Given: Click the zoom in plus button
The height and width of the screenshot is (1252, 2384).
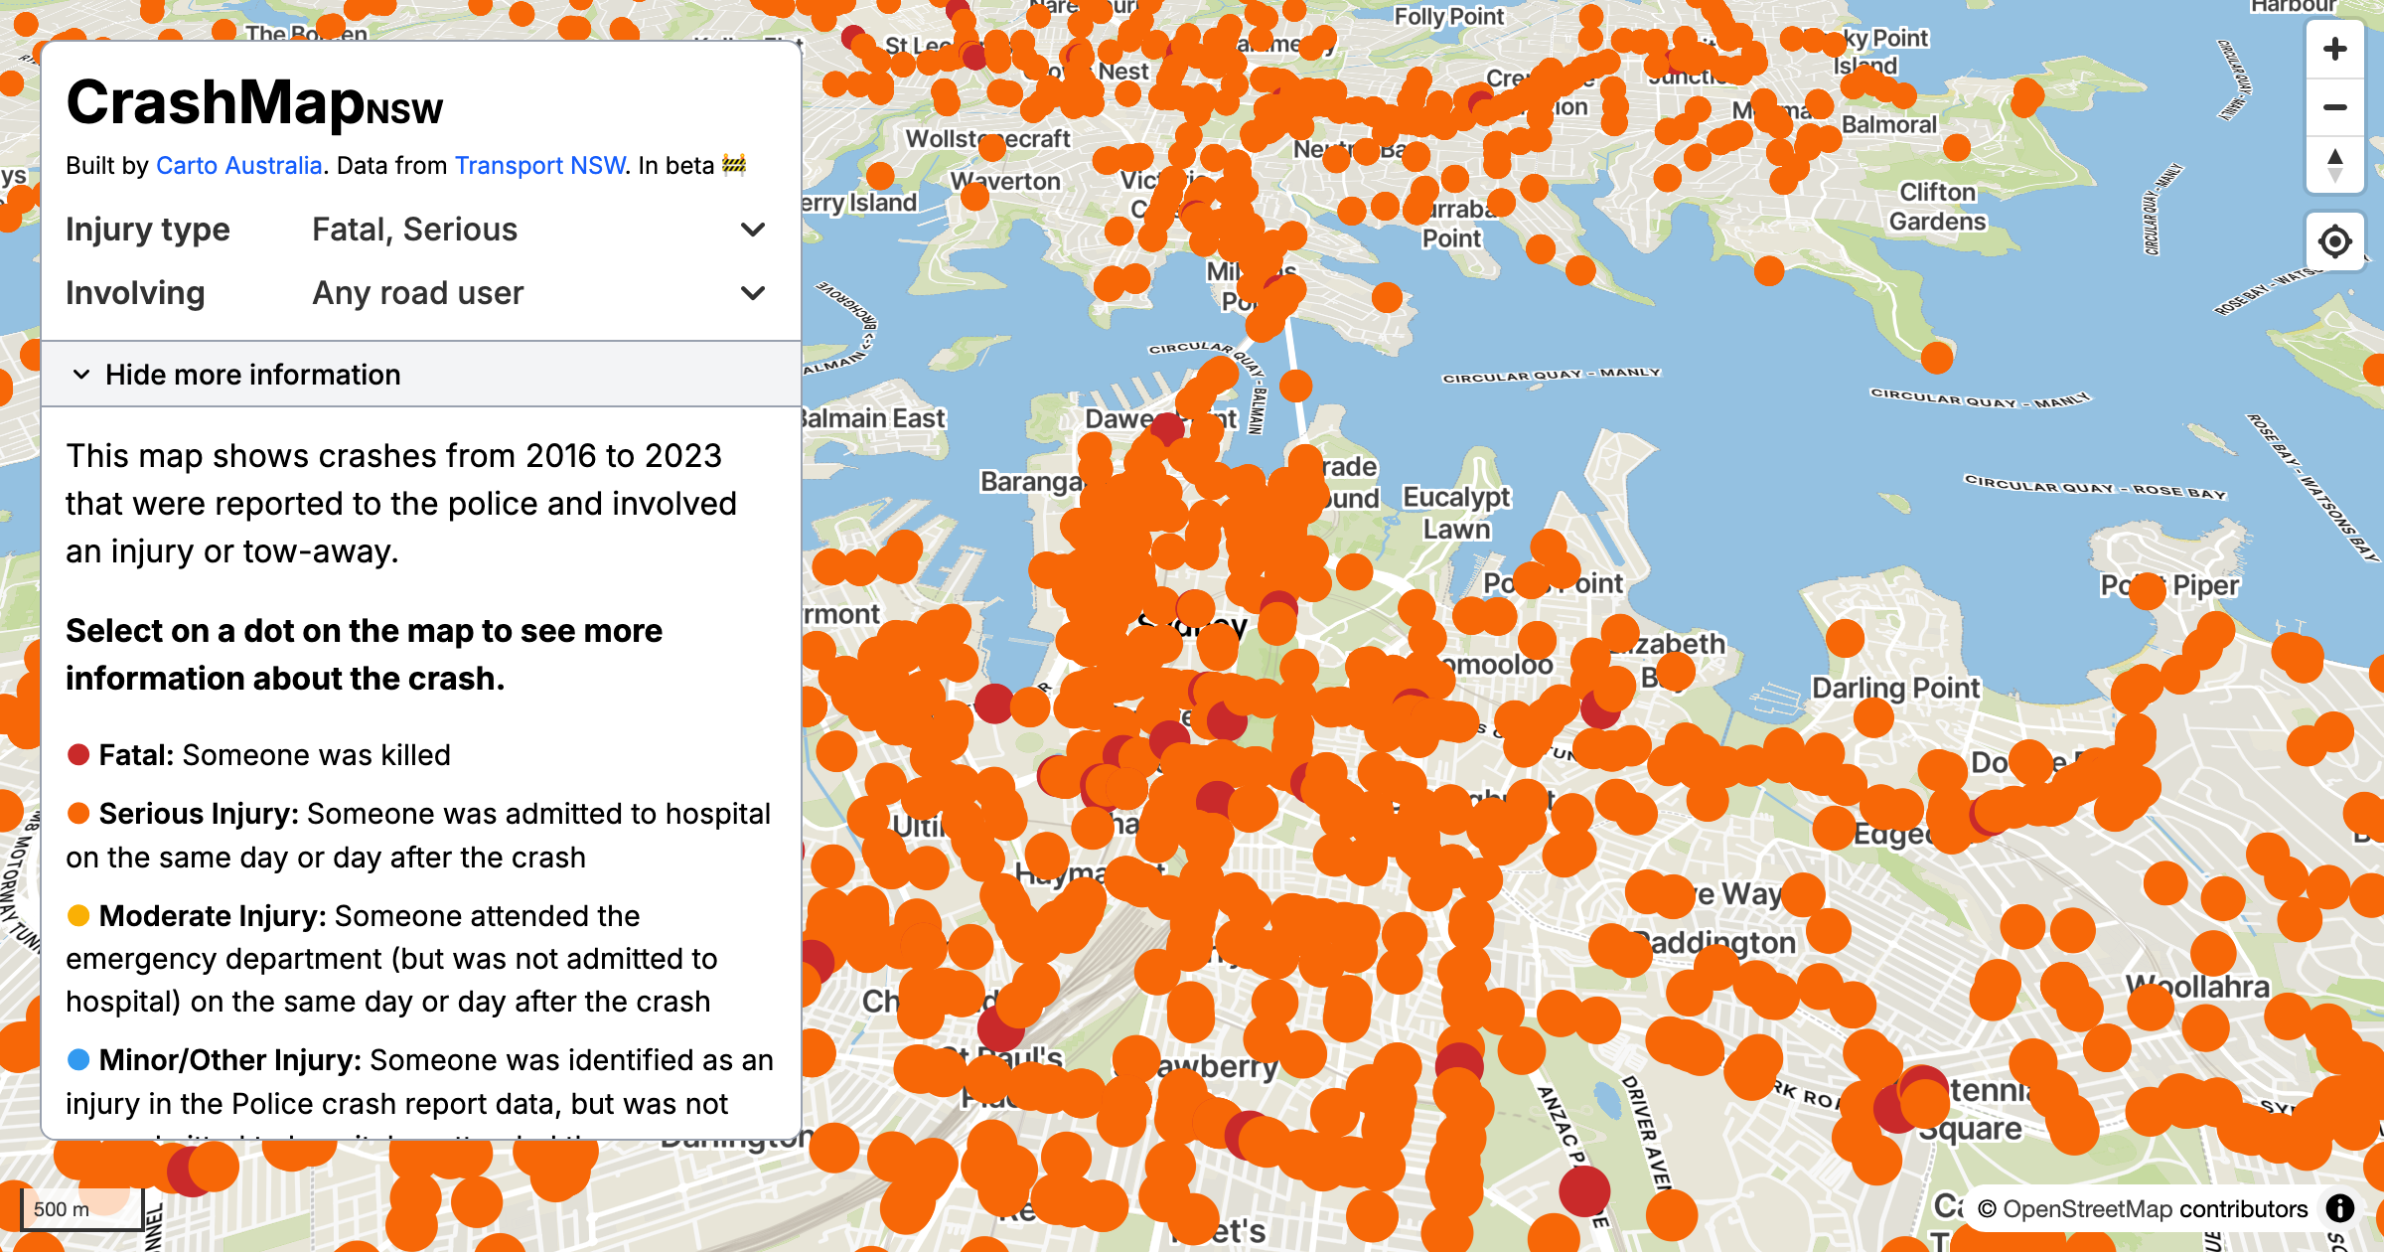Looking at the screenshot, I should [x=2334, y=49].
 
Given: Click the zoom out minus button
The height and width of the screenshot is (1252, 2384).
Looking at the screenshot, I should [x=2334, y=107].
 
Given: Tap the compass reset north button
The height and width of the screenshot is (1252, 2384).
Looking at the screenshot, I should [x=2334, y=165].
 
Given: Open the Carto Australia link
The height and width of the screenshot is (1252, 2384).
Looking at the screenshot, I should [x=238, y=165].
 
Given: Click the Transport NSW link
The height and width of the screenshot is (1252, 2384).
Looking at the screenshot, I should [x=539, y=165].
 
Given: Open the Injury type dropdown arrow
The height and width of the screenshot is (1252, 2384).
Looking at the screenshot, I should [x=753, y=230].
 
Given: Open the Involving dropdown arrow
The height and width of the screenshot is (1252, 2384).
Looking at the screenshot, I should [x=753, y=293].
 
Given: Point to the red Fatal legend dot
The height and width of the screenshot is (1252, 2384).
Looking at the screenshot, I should [x=78, y=755].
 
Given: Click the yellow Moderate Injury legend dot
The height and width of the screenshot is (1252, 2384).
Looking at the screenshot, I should [x=78, y=916].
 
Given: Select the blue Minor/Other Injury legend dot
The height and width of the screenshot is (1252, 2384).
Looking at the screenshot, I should [x=78, y=1060].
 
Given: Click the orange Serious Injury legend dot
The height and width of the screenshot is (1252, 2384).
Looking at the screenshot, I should [x=78, y=814].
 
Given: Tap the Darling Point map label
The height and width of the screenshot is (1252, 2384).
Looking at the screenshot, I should [x=1894, y=688].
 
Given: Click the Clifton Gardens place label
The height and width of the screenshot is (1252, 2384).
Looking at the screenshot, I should [x=1937, y=206].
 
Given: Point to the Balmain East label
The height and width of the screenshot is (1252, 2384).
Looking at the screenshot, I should [x=874, y=418].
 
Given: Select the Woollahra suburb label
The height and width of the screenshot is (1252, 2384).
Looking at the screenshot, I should [x=2197, y=986].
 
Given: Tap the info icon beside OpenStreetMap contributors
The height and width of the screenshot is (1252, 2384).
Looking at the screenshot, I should [x=2340, y=1208].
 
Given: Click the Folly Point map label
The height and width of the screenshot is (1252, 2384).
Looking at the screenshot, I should [x=1448, y=17].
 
